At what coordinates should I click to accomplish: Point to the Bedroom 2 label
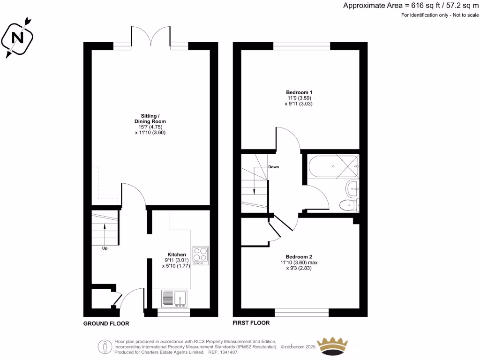[299, 256]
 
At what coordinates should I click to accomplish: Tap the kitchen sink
[174, 299]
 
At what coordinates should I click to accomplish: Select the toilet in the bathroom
[348, 205]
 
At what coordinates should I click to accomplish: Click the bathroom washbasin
[352, 189]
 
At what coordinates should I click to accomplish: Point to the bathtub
[333, 165]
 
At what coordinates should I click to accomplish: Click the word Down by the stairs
[273, 167]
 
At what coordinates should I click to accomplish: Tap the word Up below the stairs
[105, 248]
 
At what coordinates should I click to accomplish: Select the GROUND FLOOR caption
[106, 323]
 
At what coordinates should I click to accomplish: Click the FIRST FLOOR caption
[251, 323]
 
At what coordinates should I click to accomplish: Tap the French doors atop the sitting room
[150, 37]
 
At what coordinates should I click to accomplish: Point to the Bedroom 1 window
[302, 45]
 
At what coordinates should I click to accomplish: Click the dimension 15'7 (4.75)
[150, 127]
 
